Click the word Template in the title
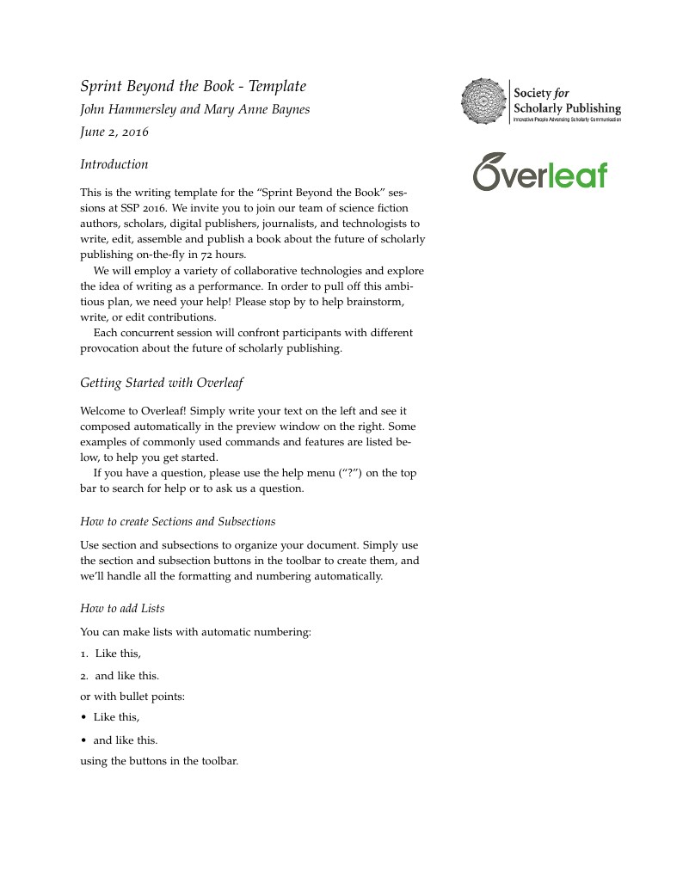[278, 87]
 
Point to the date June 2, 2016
[114, 132]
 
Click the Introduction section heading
[114, 164]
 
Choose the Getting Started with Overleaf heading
[162, 383]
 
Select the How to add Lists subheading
[122, 609]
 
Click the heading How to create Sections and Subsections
[177, 521]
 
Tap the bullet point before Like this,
[83, 717]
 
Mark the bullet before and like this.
[83, 740]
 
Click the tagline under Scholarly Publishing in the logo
[567, 120]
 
